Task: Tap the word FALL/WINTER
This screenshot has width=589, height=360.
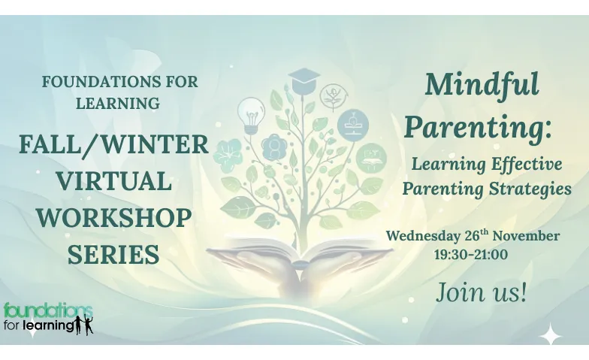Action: pyautogui.click(x=114, y=144)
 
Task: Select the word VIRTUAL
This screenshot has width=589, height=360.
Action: pyautogui.click(x=114, y=180)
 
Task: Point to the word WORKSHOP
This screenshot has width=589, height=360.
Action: pyautogui.click(x=114, y=218)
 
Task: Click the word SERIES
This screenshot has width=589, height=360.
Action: pyautogui.click(x=114, y=254)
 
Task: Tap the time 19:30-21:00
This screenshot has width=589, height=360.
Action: pyautogui.click(x=471, y=254)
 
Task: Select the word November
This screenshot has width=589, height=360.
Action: pyautogui.click(x=526, y=236)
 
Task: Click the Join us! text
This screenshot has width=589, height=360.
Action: pyautogui.click(x=481, y=292)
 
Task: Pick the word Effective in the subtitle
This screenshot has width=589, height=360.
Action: pyautogui.click(x=527, y=164)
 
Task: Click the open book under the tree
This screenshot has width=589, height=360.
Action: pyautogui.click(x=300, y=253)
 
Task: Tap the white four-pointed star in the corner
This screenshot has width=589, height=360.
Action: pyautogui.click(x=550, y=334)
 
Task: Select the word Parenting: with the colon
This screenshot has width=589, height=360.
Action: pyautogui.click(x=478, y=127)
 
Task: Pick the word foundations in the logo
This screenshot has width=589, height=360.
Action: pyautogui.click(x=48, y=311)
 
